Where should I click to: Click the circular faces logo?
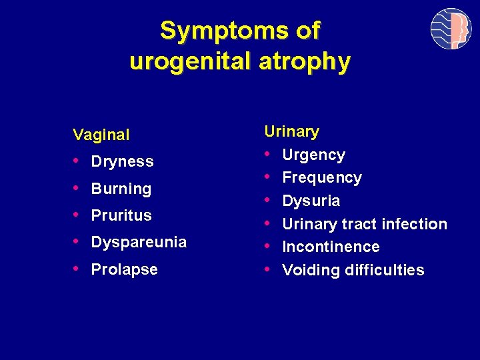click(451, 29)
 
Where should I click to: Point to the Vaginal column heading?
click(101, 135)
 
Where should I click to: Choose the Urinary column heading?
click(291, 131)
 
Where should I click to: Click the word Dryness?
click(122, 161)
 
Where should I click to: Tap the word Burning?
click(121, 189)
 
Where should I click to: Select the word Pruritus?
click(121, 215)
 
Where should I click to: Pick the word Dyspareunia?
click(139, 242)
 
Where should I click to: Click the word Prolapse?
click(124, 269)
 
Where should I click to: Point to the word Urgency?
click(313, 155)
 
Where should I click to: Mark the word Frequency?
click(322, 177)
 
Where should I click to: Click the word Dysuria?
click(311, 201)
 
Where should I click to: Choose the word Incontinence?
click(331, 247)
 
